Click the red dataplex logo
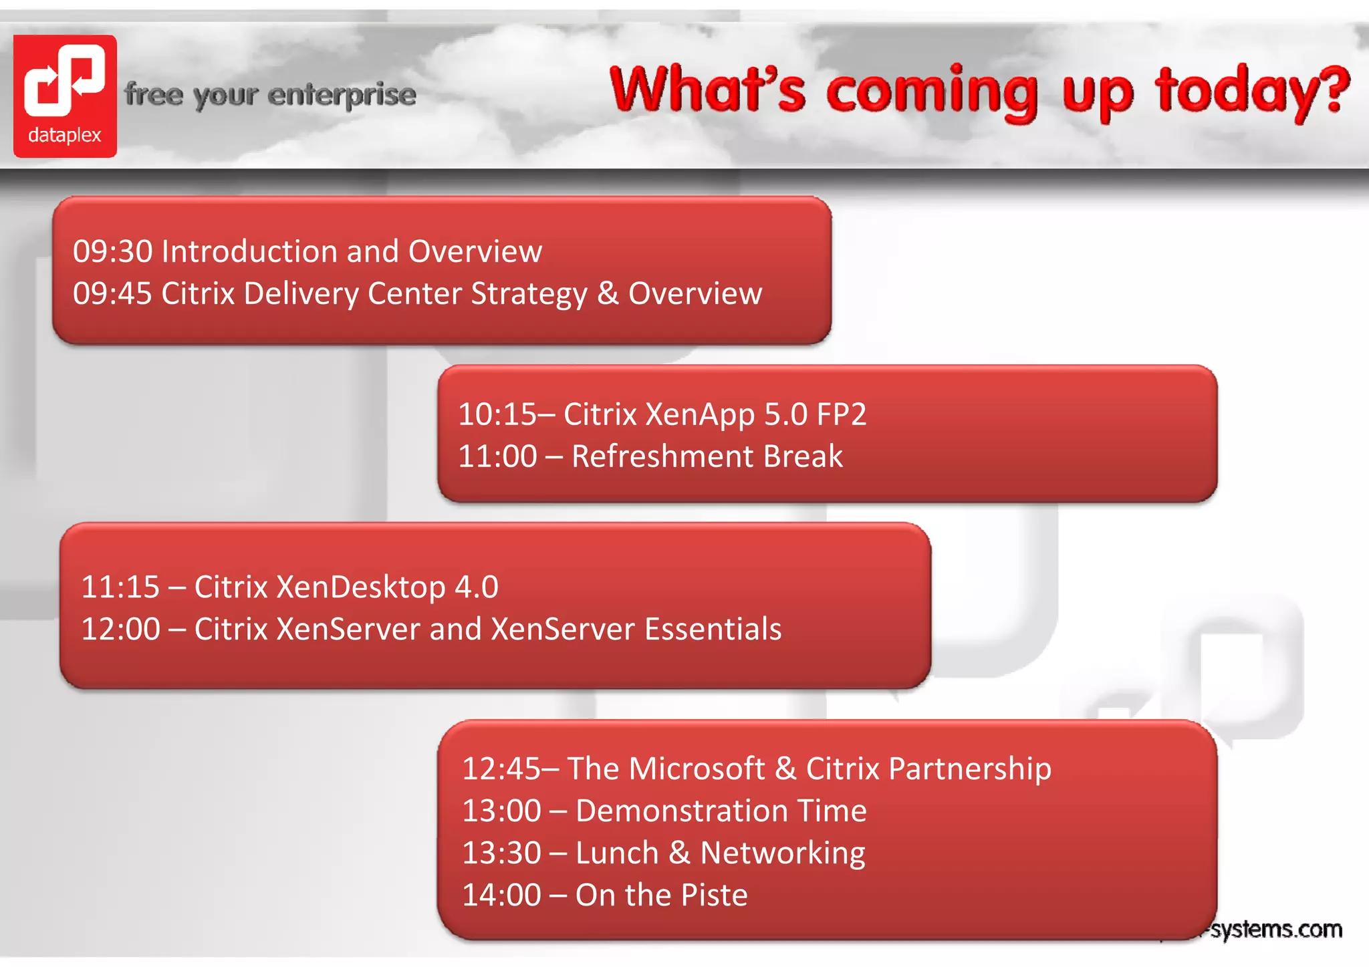[65, 96]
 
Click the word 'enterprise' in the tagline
[342, 95]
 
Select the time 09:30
[112, 252]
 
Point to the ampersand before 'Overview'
[608, 293]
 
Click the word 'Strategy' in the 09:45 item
[529, 294]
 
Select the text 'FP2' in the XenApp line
[841, 414]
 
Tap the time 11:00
[497, 456]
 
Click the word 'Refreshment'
[662, 456]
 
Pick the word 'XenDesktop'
[361, 587]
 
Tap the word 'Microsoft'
[697, 769]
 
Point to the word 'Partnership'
[969, 769]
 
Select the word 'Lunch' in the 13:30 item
[616, 853]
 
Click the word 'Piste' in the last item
[714, 895]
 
